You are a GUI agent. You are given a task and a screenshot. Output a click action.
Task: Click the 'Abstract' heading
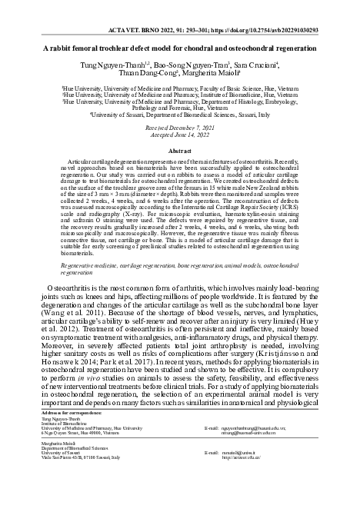[180, 151]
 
